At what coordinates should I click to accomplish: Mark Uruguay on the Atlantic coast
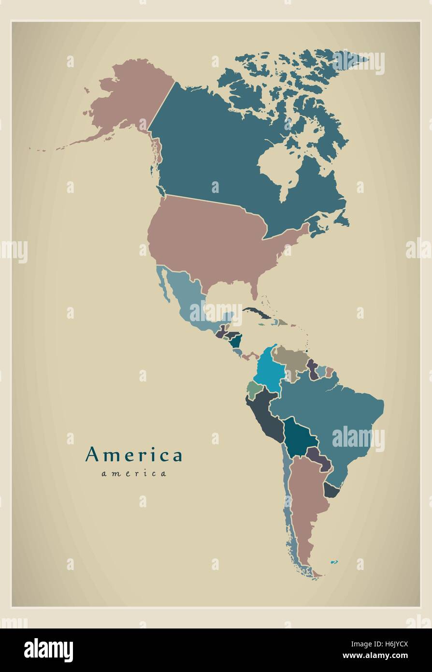point(331,490)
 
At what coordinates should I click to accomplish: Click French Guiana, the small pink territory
point(330,372)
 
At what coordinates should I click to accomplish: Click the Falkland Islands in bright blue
point(334,562)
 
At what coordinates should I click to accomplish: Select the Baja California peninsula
point(164,285)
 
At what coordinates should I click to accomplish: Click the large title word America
point(134,455)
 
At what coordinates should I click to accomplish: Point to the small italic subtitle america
point(134,473)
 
